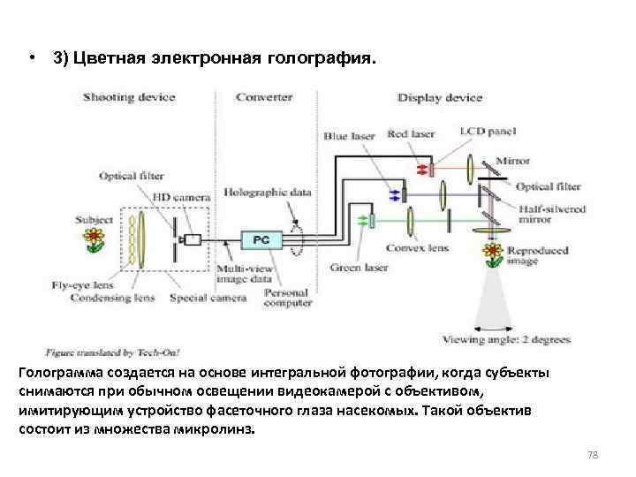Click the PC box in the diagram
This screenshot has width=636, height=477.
tap(261, 239)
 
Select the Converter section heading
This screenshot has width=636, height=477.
tap(264, 97)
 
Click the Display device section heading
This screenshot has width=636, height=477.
tap(439, 97)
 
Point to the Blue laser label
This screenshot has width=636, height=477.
tap(349, 136)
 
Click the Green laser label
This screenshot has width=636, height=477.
tap(357, 267)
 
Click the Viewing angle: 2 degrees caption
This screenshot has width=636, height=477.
tap(506, 339)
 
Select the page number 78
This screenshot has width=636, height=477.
tap(593, 455)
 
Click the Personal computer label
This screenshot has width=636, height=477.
tap(289, 298)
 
